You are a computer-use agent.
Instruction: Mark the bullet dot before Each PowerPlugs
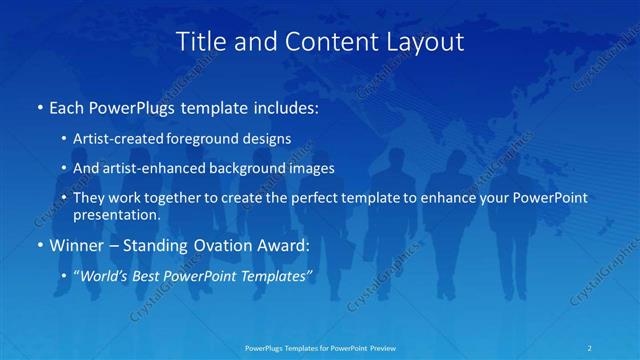pyautogui.click(x=38, y=106)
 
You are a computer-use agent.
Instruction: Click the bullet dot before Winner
pyautogui.click(x=38, y=243)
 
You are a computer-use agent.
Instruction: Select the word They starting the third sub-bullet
pyautogui.click(x=90, y=198)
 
